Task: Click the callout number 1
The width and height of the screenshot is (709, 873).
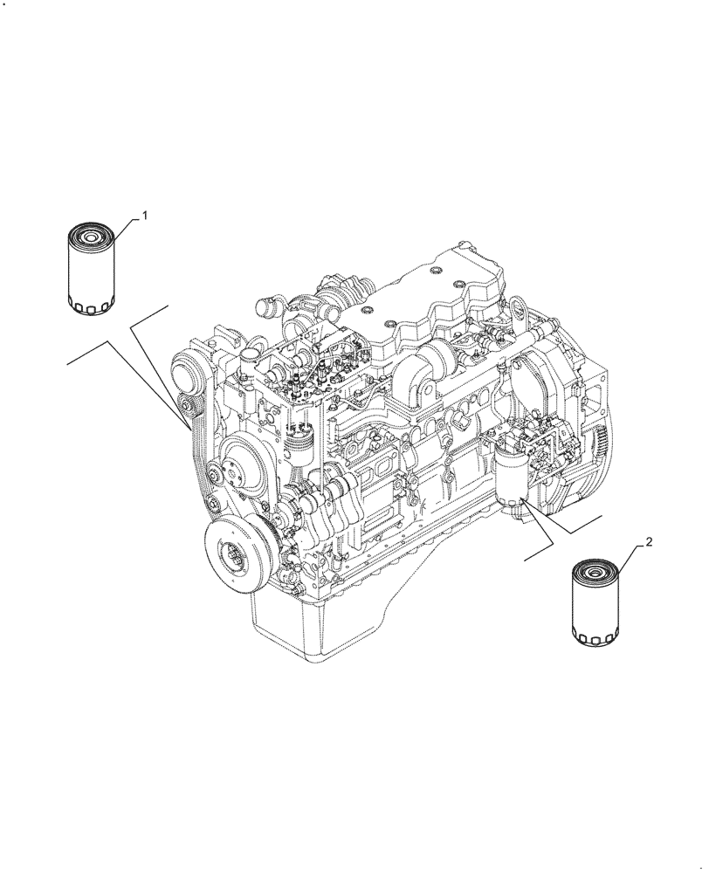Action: click(145, 214)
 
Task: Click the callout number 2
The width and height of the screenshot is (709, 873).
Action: click(649, 542)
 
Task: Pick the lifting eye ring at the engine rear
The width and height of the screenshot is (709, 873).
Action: click(519, 307)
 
